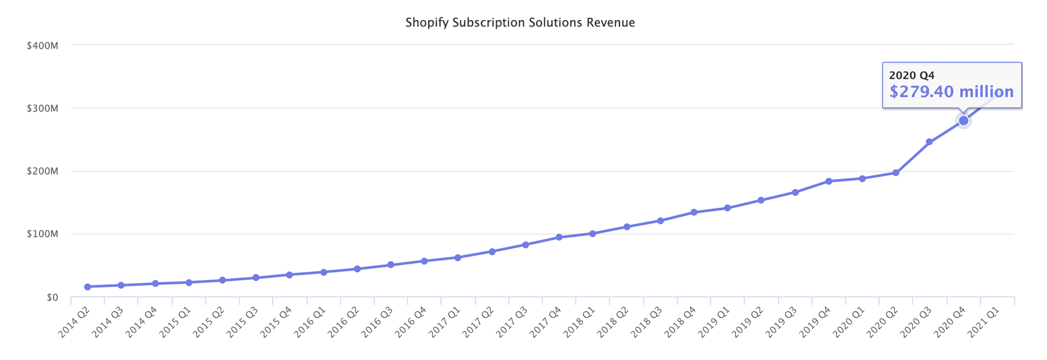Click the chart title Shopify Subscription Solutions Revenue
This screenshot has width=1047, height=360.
tap(520, 23)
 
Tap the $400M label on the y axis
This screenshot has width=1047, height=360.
tap(43, 45)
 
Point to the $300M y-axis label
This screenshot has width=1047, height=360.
tap(43, 109)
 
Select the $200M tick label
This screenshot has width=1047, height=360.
tap(43, 172)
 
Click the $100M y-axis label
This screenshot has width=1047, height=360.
tap(43, 235)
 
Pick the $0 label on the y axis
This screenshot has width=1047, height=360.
tap(52, 298)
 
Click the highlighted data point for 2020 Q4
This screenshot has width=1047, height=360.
tap(964, 121)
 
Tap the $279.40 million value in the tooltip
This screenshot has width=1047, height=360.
tap(952, 92)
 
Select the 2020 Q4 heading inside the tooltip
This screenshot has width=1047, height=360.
tap(912, 76)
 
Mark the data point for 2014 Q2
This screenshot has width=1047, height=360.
tap(87, 287)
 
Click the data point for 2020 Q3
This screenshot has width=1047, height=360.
tap(929, 142)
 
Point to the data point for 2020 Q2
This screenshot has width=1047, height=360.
tap(895, 173)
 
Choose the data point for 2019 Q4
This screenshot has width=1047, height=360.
tap(828, 181)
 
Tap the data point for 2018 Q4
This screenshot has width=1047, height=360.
tap(694, 212)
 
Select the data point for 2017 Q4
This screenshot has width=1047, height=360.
tap(559, 237)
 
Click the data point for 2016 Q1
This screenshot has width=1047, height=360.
tap(323, 272)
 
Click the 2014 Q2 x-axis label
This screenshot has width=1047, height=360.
tap(75, 322)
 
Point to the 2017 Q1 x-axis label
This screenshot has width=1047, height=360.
tap(445, 322)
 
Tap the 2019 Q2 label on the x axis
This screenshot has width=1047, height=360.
tap(748, 322)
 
